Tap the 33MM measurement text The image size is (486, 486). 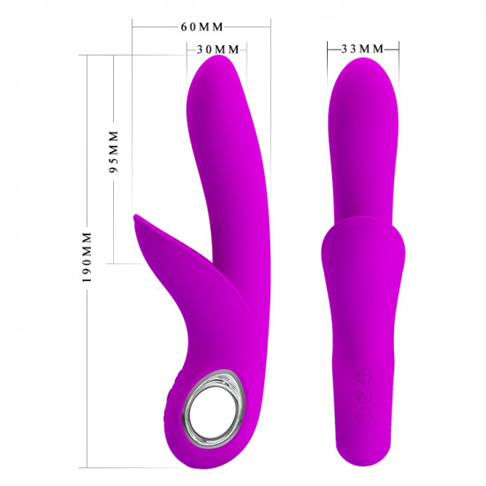pos(362,49)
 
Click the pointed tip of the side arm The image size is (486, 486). pos(136,216)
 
